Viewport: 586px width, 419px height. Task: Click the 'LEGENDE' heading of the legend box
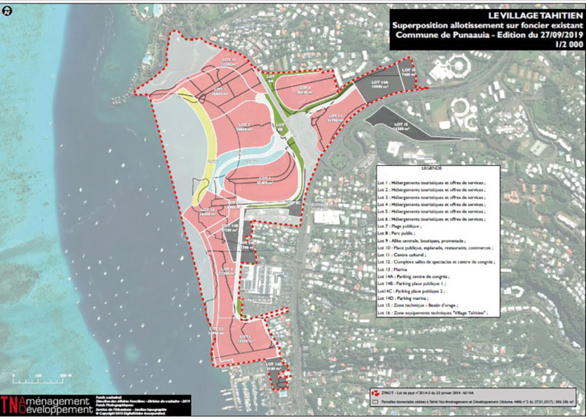[434, 169]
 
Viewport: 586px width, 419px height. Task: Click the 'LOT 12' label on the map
[335, 116]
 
